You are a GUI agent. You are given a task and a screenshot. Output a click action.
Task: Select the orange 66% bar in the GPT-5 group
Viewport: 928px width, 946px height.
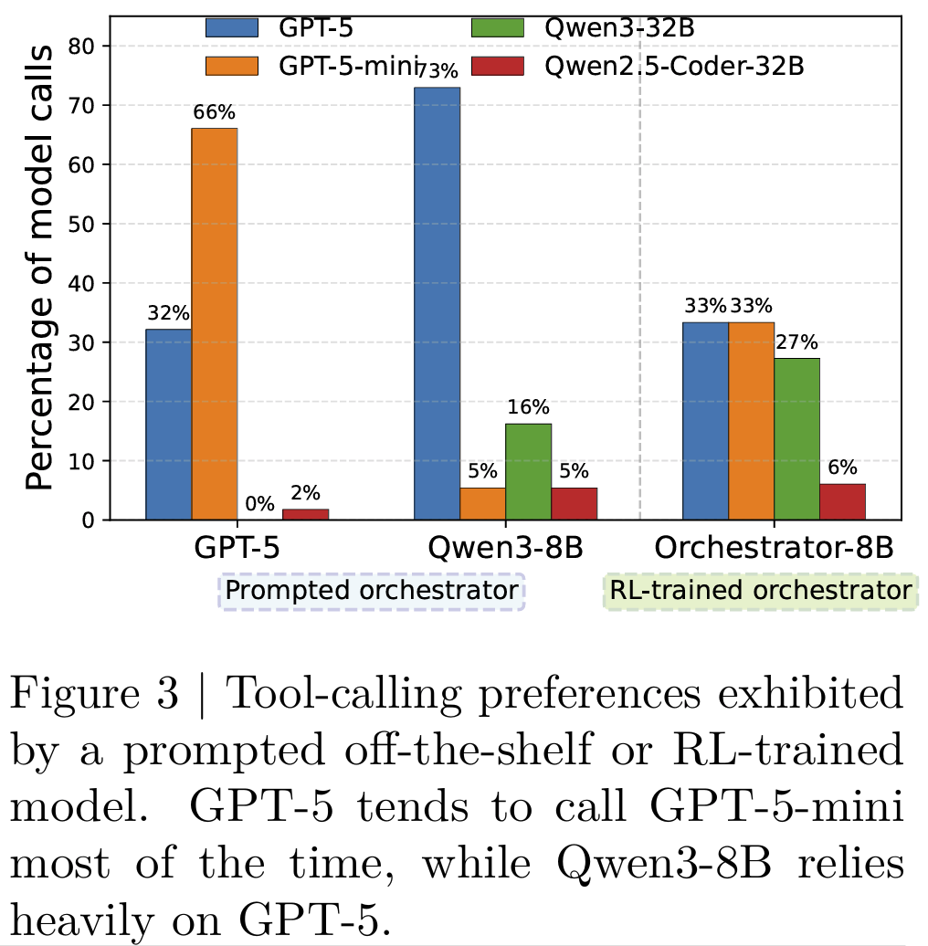coord(215,324)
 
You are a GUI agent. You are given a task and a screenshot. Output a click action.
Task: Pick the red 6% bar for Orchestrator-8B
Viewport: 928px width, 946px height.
coord(842,501)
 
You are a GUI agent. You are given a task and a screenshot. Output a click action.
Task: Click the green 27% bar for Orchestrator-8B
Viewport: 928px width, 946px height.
coord(796,438)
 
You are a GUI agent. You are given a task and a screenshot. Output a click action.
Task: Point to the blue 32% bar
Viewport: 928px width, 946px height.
coord(169,425)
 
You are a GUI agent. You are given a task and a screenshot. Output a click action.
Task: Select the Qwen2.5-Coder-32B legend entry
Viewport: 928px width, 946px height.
coord(639,66)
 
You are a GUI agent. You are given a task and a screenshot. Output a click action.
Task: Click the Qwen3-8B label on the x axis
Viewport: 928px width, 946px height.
coord(505,551)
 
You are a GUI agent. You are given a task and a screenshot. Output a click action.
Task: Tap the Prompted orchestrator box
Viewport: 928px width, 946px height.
coord(371,591)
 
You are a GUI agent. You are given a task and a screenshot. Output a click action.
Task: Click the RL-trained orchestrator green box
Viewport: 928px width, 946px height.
coord(759,591)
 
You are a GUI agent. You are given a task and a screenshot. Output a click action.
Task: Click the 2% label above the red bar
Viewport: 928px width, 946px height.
coord(305,492)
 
